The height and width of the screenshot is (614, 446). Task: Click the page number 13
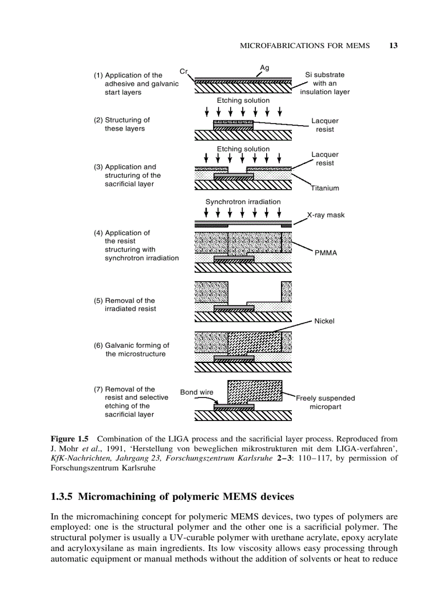(x=393, y=45)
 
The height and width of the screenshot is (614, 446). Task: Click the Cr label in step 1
(x=184, y=71)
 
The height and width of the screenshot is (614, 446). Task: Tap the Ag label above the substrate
(x=265, y=67)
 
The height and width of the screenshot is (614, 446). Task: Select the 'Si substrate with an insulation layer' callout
(x=325, y=83)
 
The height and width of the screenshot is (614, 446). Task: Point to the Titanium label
(x=325, y=188)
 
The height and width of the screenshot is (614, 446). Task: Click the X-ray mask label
(x=326, y=215)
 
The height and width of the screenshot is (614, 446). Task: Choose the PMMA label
(x=326, y=253)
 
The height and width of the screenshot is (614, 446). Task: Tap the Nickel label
(x=324, y=321)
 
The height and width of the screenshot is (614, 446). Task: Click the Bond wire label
(x=197, y=392)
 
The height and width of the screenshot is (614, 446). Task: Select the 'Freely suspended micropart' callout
(x=325, y=402)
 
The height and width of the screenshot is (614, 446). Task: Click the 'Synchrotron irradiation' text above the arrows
(x=243, y=202)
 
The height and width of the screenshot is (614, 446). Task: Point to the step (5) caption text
(x=130, y=305)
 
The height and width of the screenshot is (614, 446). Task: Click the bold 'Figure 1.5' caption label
(x=70, y=438)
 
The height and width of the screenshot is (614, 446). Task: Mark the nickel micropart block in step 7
(x=255, y=390)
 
